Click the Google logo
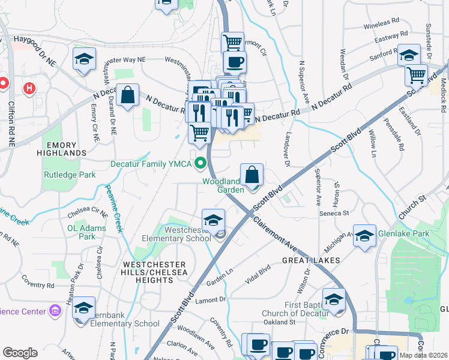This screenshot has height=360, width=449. click(x=20, y=353)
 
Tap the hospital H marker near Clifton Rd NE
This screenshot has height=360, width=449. click(x=28, y=89)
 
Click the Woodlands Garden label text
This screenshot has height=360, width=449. click(x=222, y=185)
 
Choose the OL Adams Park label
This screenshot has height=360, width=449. click(x=86, y=232)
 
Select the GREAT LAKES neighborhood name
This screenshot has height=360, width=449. click(x=312, y=260)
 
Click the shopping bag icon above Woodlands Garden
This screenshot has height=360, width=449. click(x=252, y=175)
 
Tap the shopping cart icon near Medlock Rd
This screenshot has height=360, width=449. click(x=416, y=75)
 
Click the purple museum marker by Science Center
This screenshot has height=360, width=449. click(x=55, y=311)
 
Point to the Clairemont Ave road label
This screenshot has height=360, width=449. click(x=275, y=236)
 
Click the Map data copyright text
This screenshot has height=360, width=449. click(x=423, y=355)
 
